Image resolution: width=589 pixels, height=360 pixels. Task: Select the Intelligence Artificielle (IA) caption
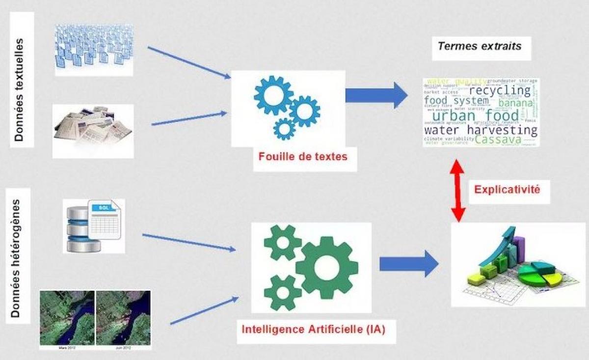tap(313, 328)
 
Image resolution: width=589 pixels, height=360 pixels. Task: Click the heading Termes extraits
tap(480, 46)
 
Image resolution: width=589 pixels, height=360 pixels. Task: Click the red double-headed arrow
tap(458, 191)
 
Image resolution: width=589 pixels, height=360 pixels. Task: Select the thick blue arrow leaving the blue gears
tap(376, 95)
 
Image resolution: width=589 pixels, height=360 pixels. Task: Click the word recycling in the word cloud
tap(500, 91)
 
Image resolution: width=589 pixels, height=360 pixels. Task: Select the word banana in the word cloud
tap(515, 103)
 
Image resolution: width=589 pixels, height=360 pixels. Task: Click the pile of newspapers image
tap(93, 130)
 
